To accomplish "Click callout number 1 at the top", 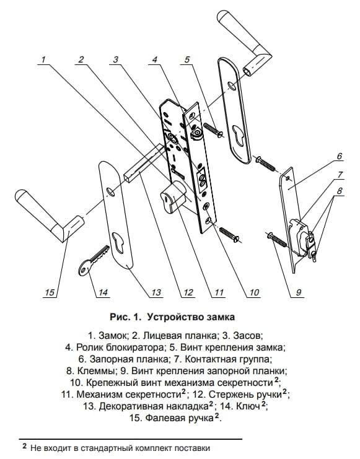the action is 43,59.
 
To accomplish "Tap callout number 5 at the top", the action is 187,59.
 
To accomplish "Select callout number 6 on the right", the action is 339,155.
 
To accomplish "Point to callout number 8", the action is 339,191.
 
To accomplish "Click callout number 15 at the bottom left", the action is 50,292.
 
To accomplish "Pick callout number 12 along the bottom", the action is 188,292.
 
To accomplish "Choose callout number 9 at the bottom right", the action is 299,292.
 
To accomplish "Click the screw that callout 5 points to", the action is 214,129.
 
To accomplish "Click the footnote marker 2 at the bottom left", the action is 25,446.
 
